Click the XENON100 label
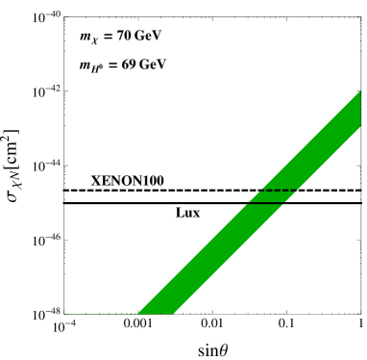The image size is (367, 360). (127, 181)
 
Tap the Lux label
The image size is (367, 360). (187, 213)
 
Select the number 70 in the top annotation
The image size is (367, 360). (123, 37)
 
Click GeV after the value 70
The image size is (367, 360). (148, 37)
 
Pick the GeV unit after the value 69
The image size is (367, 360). (153, 64)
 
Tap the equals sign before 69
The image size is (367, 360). (113, 64)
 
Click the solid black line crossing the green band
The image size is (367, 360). (266, 203)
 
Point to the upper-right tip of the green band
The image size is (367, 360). (359, 92)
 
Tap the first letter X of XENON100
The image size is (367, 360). (95, 181)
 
